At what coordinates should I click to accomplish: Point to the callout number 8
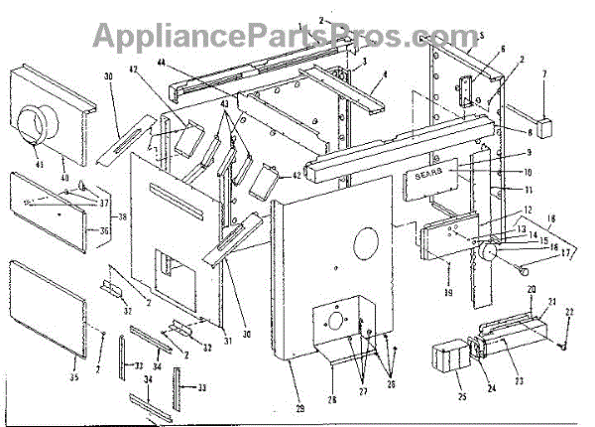[530, 132]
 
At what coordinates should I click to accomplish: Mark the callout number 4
[383, 74]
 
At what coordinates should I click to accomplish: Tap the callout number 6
[502, 49]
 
